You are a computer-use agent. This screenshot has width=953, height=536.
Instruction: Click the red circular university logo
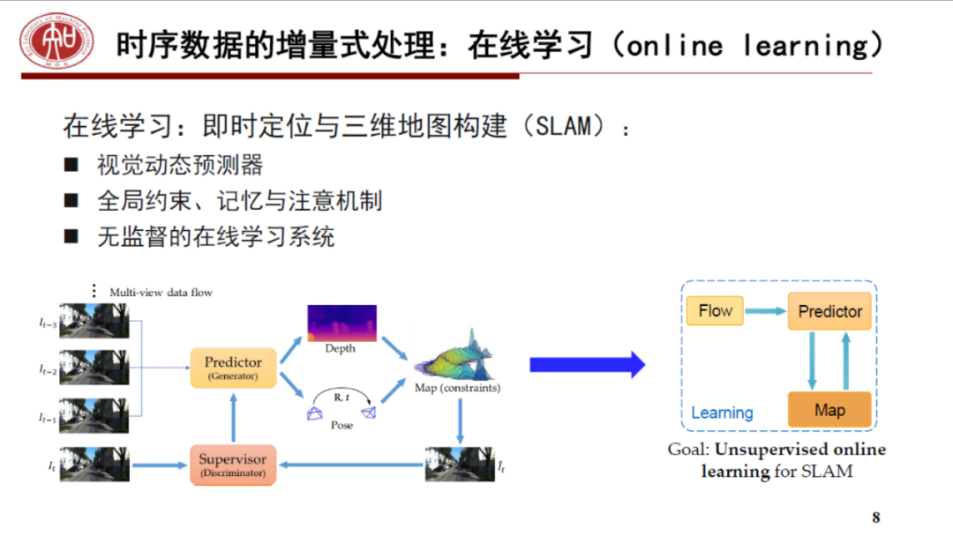(x=57, y=42)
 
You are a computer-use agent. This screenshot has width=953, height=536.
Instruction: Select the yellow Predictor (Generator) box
(x=233, y=368)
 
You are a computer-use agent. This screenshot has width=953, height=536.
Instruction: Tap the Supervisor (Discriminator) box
(x=233, y=465)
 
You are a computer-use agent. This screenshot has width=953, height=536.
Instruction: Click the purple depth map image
(x=341, y=323)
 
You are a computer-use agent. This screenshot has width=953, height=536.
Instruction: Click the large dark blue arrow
(x=587, y=365)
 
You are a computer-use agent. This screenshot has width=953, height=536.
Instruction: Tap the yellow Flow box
(x=716, y=310)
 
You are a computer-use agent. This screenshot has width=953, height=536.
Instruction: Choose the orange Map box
(x=829, y=410)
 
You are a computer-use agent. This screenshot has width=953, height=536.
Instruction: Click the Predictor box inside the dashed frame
(x=829, y=312)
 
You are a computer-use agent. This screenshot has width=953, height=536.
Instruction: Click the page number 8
(x=876, y=517)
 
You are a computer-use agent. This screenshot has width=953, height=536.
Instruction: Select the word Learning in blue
(x=722, y=413)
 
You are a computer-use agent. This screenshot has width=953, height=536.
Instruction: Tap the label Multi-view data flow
(x=161, y=292)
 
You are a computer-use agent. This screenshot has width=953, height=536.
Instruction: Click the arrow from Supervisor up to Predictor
(x=233, y=417)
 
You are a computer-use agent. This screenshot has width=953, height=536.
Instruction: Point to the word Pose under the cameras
(x=341, y=425)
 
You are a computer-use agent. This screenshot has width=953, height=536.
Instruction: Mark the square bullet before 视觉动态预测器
(x=71, y=164)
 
